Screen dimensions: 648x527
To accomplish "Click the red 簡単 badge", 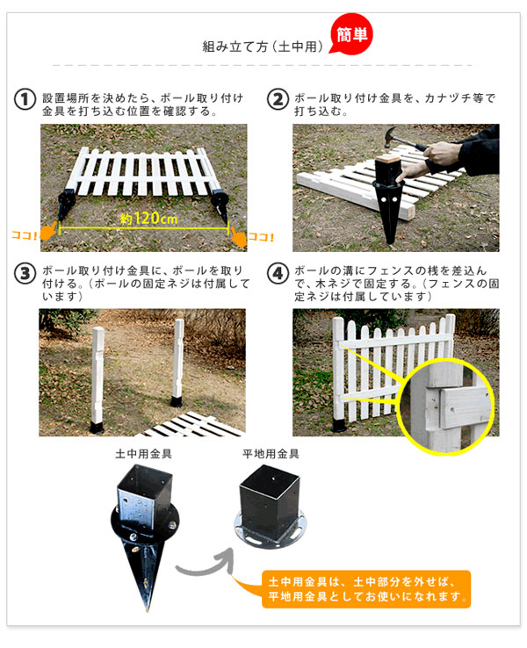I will pos(350,35).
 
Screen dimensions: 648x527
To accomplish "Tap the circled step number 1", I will pos(25,98).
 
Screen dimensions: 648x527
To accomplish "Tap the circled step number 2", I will pos(278,98).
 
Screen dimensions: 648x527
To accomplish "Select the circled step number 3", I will pos(25,273).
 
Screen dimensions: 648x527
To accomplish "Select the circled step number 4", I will pos(278,273).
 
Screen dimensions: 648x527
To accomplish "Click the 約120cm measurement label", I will pos(147,218).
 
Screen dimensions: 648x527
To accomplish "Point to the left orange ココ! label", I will pos(23,235).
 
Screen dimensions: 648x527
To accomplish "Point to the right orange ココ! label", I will pos(261,235).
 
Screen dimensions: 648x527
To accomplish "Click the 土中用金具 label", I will pos(143,455).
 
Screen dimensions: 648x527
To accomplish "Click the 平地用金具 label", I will pos(271,454).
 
